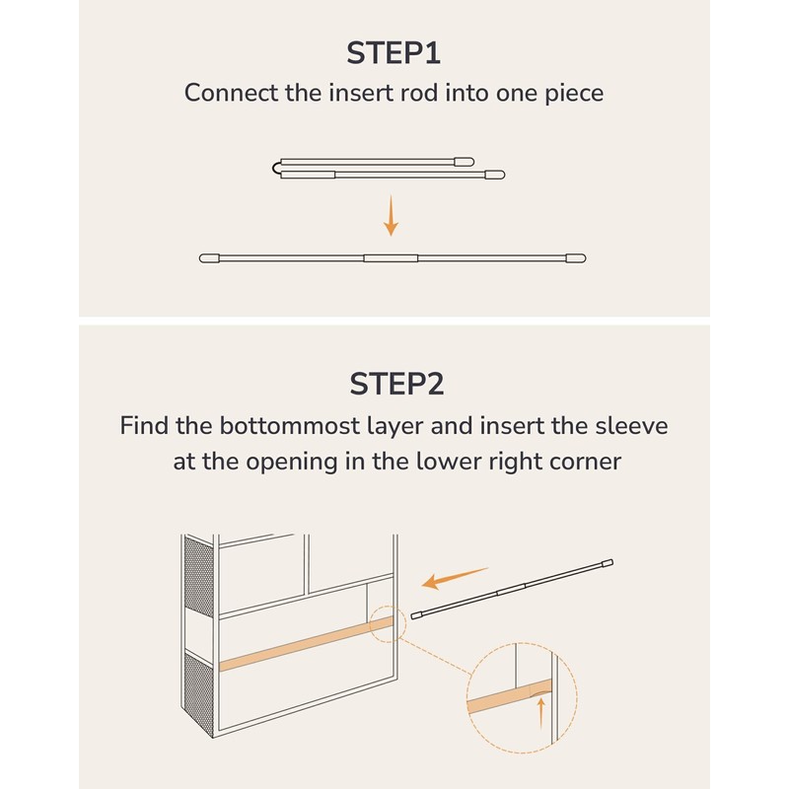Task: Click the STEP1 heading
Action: pos(394,53)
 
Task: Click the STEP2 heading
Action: pos(396,384)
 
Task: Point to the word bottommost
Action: pos(289,426)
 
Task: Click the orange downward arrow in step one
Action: pos(391,215)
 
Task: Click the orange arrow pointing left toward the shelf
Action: pos(455,578)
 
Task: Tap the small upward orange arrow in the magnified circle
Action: pos(540,712)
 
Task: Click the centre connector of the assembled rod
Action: pos(391,258)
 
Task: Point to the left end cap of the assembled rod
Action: pos(209,258)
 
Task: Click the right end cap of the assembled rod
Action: pos(576,258)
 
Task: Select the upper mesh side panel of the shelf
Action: pos(199,577)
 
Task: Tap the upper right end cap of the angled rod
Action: pos(608,563)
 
